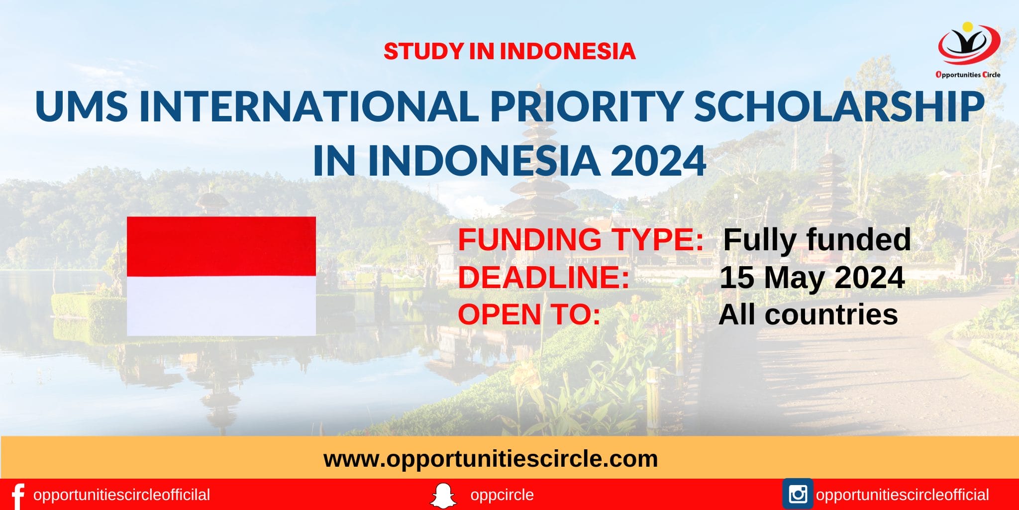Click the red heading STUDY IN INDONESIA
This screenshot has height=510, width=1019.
pos(509,51)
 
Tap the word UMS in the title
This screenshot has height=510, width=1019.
pos(82,106)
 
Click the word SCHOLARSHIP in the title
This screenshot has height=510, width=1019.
pos(839,106)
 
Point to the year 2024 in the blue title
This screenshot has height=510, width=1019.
pos(658,160)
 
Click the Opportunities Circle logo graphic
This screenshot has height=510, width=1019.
pos(968,45)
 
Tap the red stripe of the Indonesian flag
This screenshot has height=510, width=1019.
pos(221,246)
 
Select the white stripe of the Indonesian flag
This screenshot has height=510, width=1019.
pos(221,306)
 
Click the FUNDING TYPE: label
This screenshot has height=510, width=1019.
pos(581,239)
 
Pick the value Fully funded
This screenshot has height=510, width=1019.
pos(816,239)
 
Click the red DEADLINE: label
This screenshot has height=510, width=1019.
pos(544,277)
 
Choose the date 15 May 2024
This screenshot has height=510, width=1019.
pos(812,277)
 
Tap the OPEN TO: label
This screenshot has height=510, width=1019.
pos(529,314)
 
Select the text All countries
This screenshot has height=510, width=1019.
pos(808,314)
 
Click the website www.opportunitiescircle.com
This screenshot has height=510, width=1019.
pos(491,458)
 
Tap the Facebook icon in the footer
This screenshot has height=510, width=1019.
pos(18,496)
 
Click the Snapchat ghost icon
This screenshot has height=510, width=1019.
pos(443,495)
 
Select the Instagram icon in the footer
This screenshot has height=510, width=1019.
pos(798,494)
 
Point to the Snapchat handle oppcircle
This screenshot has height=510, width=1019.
pos(502,495)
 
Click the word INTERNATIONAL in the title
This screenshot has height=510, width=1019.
pos(309,106)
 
